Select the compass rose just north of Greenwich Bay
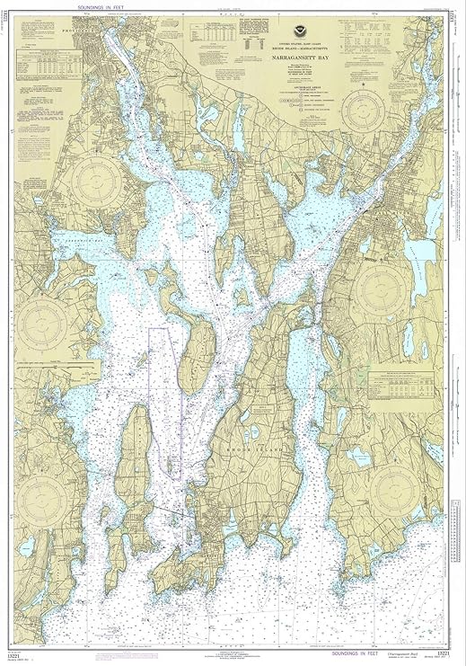coord(100,180)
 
